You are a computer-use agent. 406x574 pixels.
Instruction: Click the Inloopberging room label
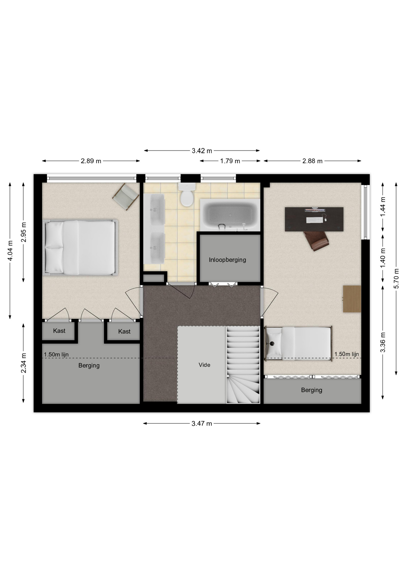click(227, 260)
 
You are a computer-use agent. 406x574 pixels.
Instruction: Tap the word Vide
click(204, 365)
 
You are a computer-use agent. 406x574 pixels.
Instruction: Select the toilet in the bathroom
click(187, 195)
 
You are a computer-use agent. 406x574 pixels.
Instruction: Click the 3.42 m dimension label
click(202, 151)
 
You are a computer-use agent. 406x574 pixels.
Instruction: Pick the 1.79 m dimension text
click(230, 161)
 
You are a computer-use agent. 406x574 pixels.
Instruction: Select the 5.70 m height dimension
click(396, 279)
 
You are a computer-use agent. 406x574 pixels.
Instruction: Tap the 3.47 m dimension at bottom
click(202, 423)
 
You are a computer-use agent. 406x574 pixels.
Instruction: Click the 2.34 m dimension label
click(24, 363)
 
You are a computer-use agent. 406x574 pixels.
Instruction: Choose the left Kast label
click(59, 331)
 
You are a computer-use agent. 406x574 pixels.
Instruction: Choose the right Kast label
click(124, 331)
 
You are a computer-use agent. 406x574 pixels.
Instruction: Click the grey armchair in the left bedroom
click(126, 197)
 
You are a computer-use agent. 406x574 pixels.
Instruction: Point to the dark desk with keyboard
click(314, 219)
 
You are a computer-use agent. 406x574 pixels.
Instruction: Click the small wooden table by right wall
click(352, 299)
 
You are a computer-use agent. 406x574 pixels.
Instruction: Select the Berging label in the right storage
click(312, 390)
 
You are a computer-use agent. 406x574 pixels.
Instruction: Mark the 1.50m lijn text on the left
click(56, 355)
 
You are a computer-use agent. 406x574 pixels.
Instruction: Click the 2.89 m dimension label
click(91, 161)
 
